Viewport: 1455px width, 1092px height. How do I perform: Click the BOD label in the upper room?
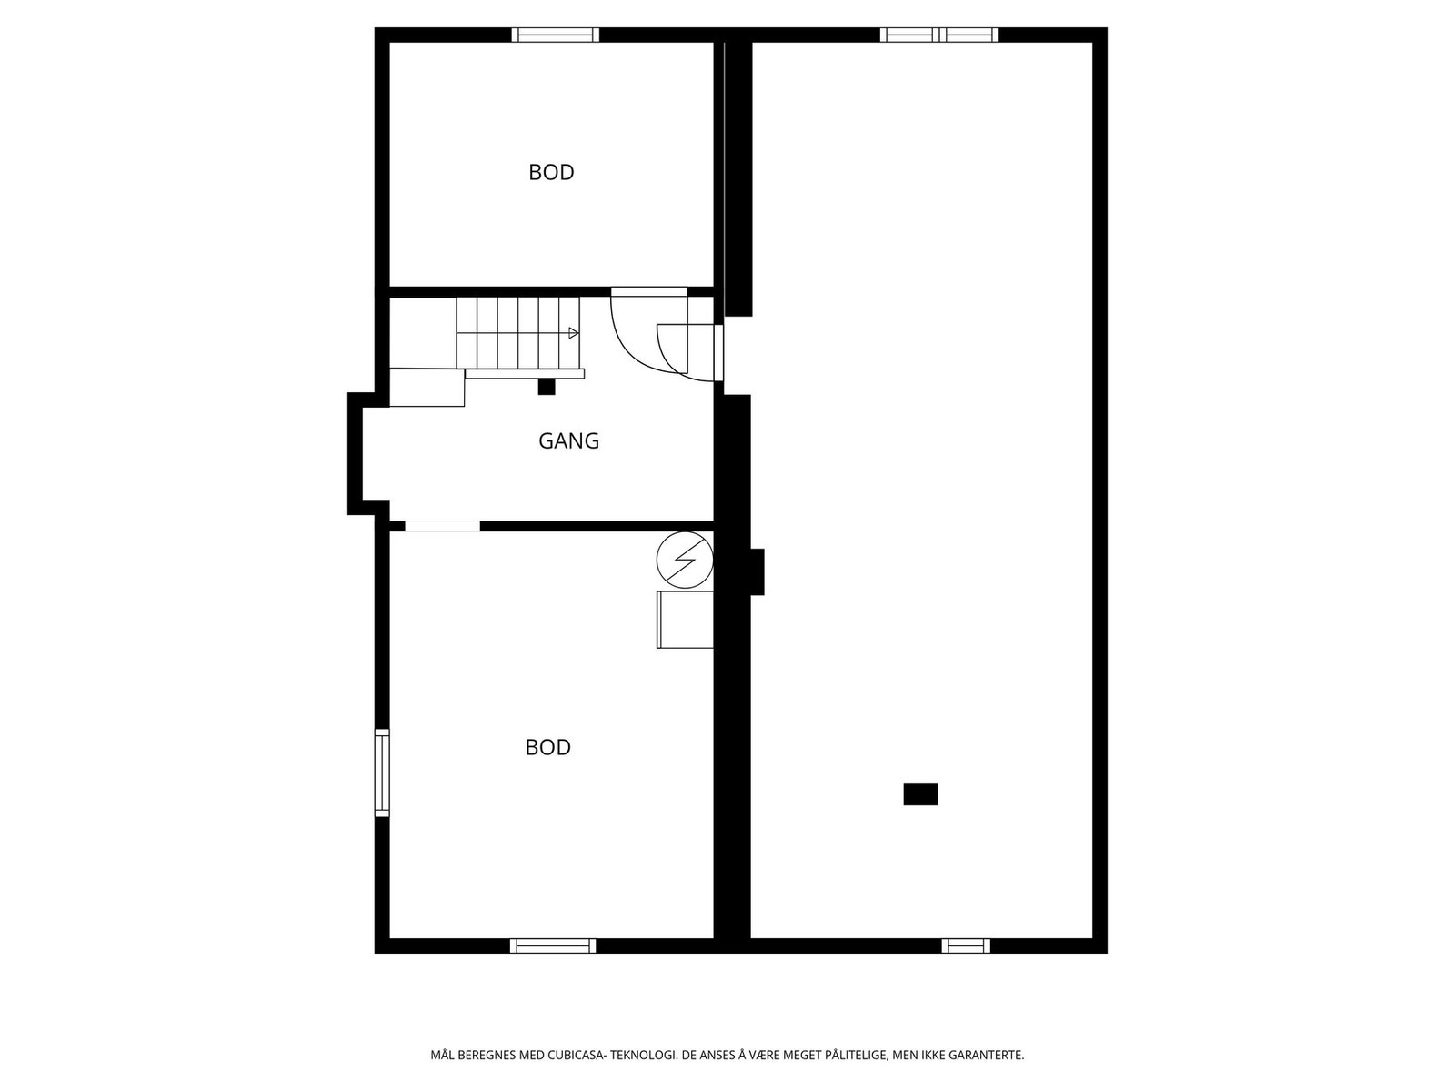point(551,172)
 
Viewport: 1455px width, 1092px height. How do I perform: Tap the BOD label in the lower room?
point(548,747)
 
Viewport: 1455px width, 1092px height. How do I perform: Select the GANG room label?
point(568,441)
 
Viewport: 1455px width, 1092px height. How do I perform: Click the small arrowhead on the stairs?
point(573,333)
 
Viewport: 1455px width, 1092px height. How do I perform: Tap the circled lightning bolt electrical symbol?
point(685,560)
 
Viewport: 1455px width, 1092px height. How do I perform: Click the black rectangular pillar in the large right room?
point(920,794)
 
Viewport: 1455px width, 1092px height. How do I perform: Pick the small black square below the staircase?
point(547,387)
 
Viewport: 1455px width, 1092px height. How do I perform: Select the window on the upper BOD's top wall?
point(555,35)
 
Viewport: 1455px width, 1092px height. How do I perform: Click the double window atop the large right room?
point(938,35)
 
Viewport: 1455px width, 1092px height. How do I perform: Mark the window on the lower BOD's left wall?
point(382,773)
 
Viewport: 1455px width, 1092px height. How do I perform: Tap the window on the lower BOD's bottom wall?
point(553,946)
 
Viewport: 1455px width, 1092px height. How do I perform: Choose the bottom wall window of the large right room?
point(966,946)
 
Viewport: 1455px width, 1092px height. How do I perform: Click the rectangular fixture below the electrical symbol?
point(685,620)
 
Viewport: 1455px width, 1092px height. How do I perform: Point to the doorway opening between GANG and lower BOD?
point(442,526)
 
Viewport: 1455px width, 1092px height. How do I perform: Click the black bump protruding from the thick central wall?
point(757,571)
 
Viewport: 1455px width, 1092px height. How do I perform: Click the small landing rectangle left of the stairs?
point(426,388)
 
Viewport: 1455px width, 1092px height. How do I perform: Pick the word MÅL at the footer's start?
point(443,1057)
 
